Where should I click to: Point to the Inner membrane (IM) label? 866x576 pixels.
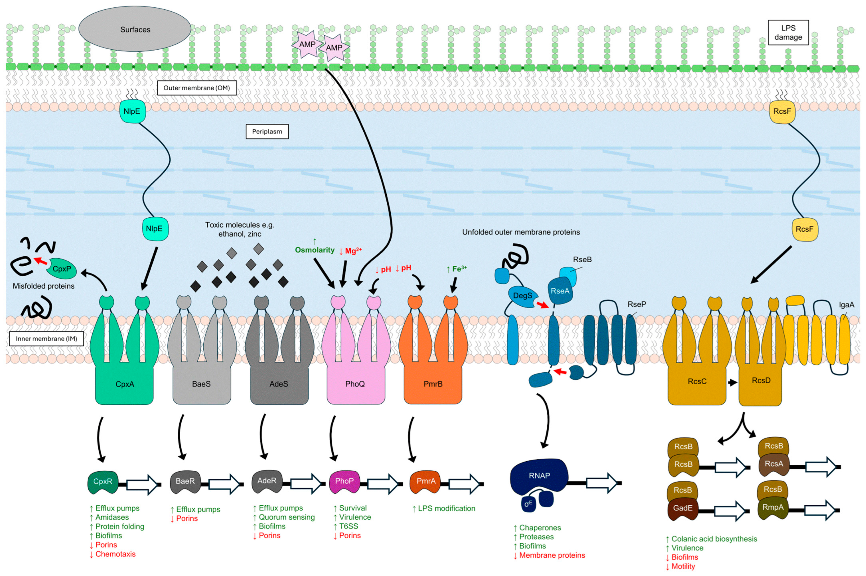46,338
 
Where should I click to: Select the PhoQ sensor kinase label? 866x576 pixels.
355,384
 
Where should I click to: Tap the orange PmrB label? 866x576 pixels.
433,384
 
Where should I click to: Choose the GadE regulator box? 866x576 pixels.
682,508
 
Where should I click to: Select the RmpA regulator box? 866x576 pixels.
773,507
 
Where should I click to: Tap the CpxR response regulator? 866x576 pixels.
103,481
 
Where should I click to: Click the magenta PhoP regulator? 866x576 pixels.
344,481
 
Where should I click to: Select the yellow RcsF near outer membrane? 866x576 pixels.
782,111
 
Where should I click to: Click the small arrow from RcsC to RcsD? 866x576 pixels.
732,382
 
